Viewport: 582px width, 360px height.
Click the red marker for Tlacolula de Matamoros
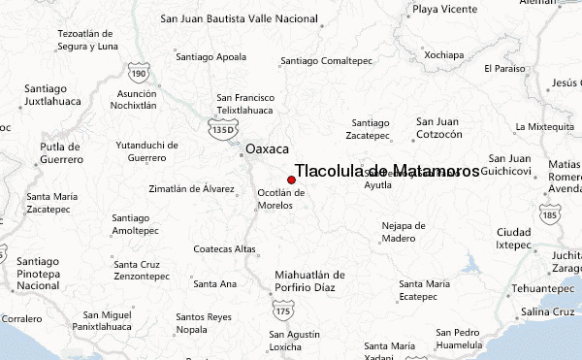291,180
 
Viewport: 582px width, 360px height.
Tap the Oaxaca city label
268,150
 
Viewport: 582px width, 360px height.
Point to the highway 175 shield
282,311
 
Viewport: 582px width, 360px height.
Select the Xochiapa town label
445,54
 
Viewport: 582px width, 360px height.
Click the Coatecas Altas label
224,249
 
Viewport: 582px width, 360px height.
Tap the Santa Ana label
214,284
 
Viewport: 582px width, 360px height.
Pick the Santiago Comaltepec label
326,61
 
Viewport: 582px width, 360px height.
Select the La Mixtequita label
546,127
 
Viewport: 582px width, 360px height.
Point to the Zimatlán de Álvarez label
192,188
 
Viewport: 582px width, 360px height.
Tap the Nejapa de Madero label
404,231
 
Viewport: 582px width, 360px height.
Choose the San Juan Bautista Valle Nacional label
238,18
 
